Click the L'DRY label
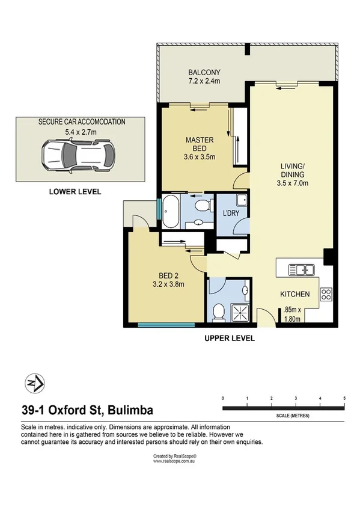231,214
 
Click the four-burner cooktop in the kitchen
326,294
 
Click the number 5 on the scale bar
344,399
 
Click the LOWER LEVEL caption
75,192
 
